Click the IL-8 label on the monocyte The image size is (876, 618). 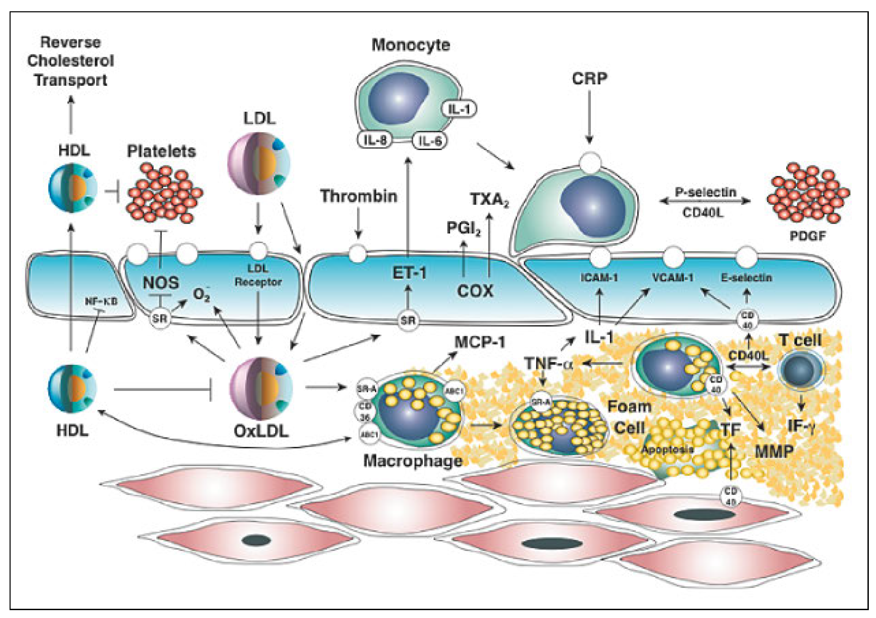(375, 140)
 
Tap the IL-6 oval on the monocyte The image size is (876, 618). (430, 141)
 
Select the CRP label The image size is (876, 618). (589, 78)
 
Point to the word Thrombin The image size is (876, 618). (359, 196)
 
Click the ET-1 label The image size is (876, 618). (409, 273)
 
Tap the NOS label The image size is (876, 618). (161, 283)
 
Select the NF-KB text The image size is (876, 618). (101, 301)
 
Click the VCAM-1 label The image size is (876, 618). (673, 278)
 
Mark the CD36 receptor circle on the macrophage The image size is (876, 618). (365, 411)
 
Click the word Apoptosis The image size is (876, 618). (667, 449)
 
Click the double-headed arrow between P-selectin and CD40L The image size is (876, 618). (705, 201)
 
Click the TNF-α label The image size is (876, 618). (548, 363)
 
